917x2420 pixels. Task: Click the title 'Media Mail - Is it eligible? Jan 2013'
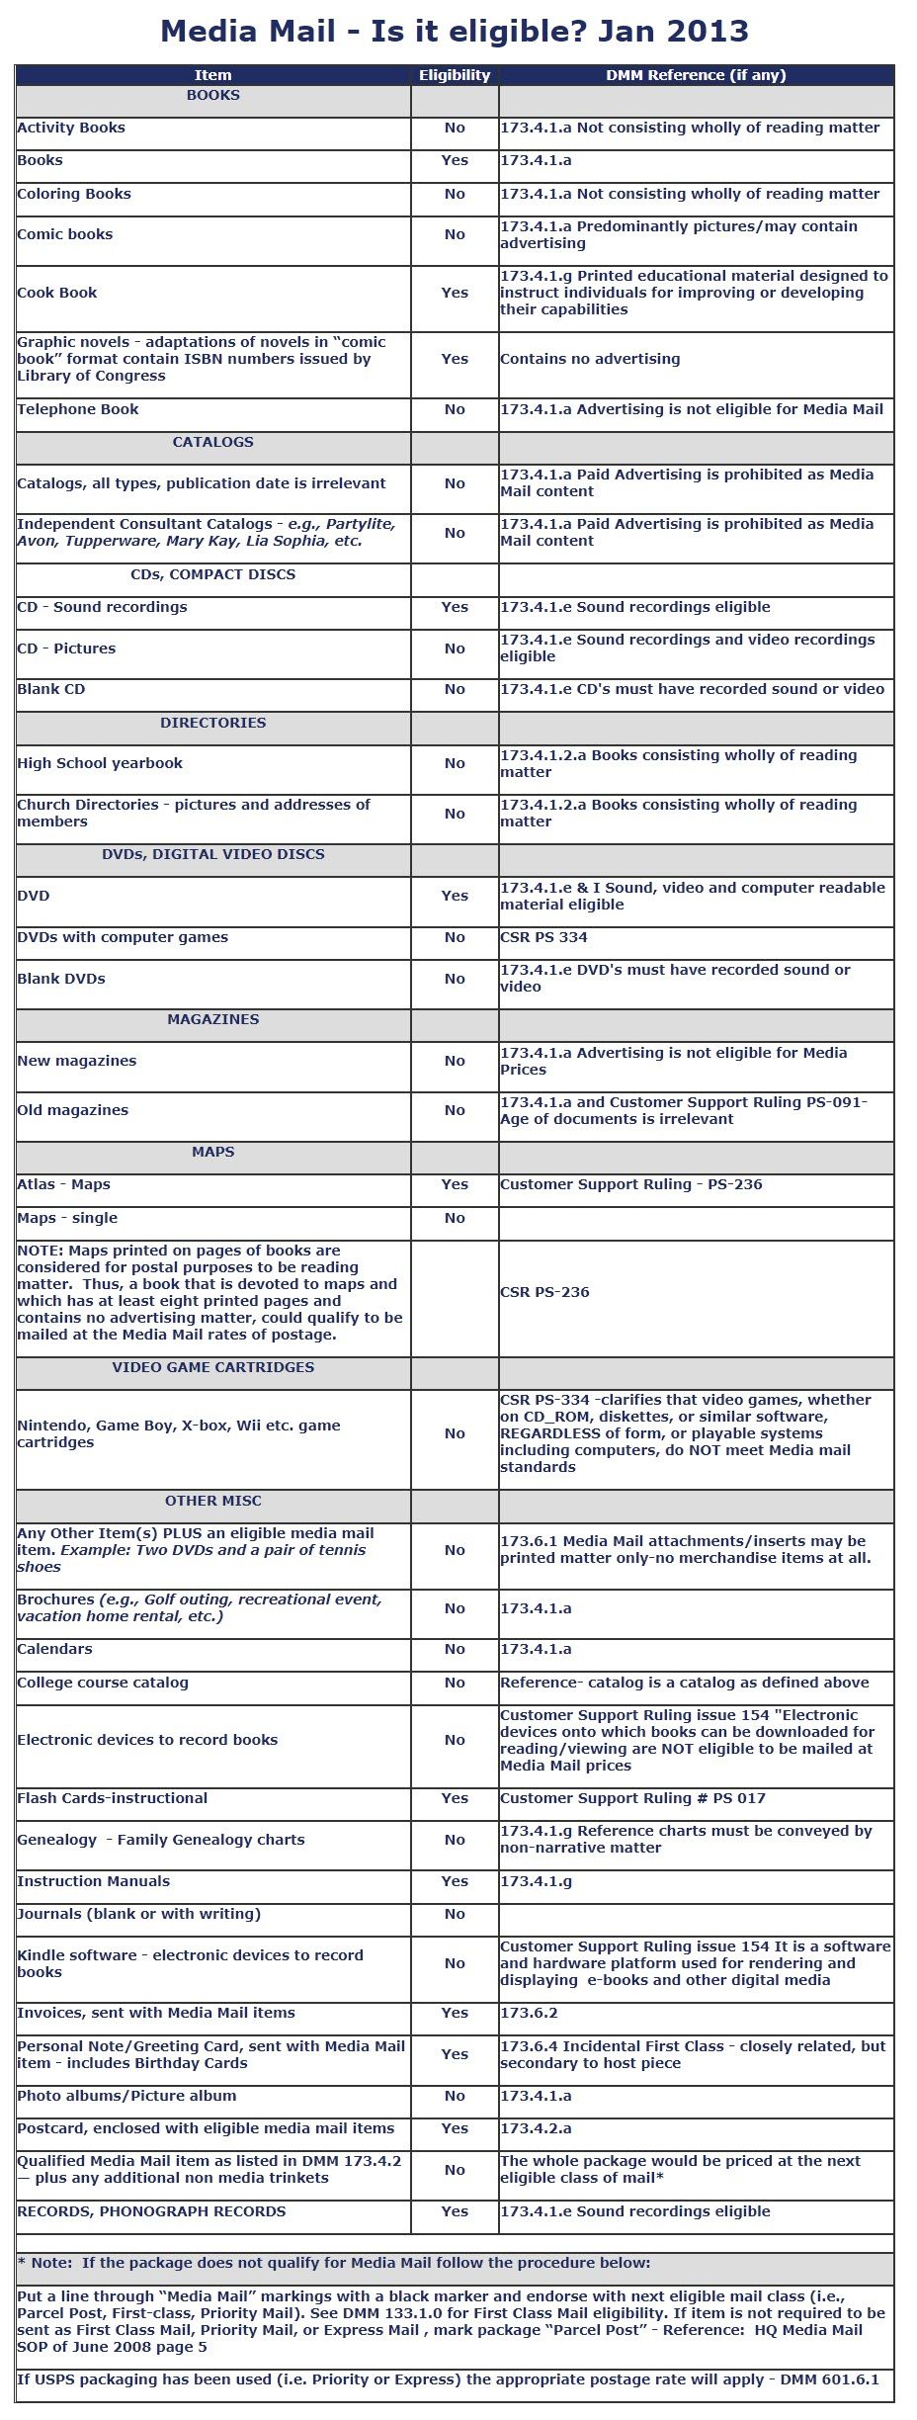point(455,32)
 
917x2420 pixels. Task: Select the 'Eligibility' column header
point(455,75)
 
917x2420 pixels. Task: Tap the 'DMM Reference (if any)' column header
point(696,75)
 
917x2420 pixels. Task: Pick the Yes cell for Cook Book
point(455,293)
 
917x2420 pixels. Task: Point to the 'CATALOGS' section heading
point(212,442)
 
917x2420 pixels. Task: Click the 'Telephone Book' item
point(78,409)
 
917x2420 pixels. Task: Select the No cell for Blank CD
point(455,689)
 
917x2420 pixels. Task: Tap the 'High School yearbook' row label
point(100,763)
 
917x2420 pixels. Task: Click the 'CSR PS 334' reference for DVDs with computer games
point(543,937)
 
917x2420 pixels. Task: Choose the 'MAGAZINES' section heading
point(212,1019)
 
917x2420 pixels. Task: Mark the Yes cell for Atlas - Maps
point(455,1184)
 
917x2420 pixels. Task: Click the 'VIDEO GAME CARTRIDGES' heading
point(212,1367)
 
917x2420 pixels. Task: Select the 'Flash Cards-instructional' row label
point(113,1798)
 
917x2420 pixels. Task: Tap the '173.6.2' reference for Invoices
point(529,2013)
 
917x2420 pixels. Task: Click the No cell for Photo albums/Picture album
point(455,2096)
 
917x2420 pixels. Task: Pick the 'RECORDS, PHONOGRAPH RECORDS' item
point(151,2211)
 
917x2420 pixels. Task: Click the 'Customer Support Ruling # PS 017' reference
point(632,1798)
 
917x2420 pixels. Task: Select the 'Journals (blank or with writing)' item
point(138,1914)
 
